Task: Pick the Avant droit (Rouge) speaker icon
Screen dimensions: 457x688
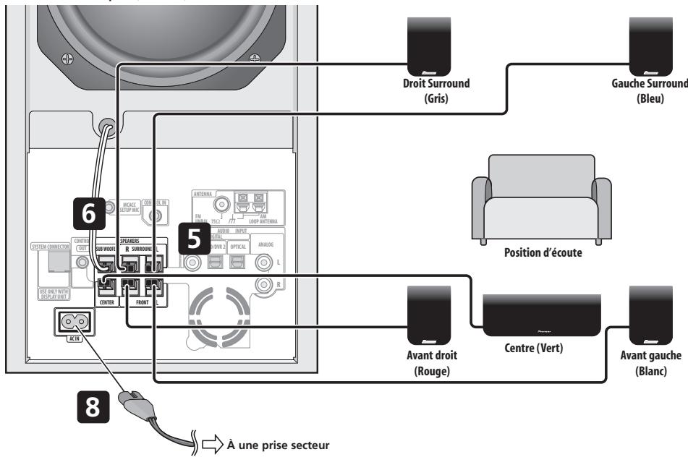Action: pos(431,315)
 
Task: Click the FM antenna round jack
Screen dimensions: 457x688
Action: pos(236,205)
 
